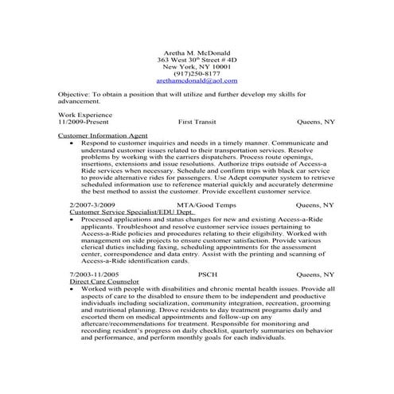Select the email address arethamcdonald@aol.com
click(x=197, y=81)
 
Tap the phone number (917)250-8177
click(x=197, y=73)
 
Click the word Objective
click(x=74, y=94)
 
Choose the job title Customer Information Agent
click(x=98, y=136)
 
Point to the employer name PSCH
click(x=207, y=274)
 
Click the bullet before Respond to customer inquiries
click(x=72, y=143)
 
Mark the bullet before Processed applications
click(x=72, y=220)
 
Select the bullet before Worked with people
click(x=72, y=289)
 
